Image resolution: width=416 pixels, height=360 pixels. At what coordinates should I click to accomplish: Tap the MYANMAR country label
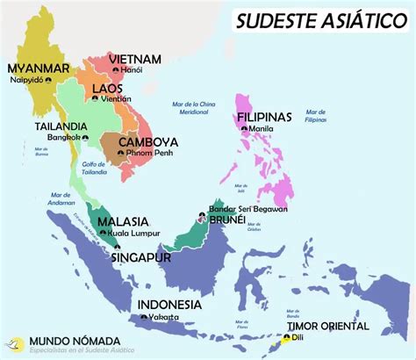[38, 68]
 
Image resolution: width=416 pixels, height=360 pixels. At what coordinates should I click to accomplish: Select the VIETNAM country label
[135, 59]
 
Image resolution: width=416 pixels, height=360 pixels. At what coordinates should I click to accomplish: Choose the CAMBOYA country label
[147, 142]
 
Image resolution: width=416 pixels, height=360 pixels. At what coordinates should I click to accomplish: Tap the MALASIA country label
[123, 222]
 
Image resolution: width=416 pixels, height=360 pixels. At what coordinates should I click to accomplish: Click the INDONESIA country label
[175, 305]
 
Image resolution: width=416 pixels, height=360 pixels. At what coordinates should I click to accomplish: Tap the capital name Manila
[263, 128]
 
